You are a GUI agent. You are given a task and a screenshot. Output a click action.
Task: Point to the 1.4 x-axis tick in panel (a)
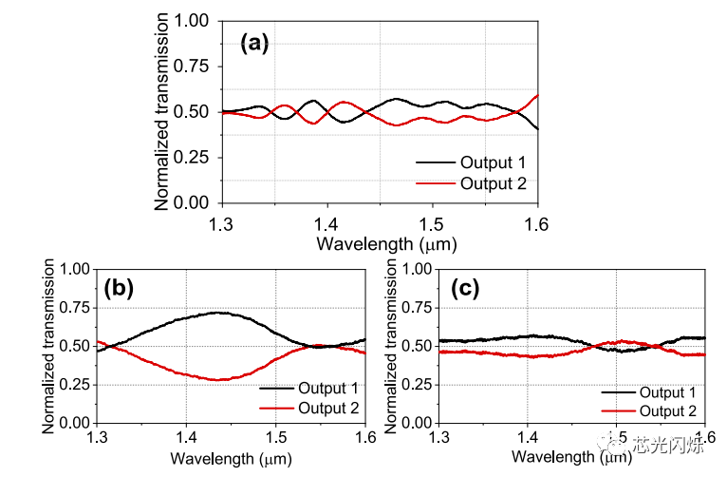326,219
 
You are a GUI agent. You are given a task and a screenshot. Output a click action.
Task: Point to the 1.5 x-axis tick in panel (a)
432,219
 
